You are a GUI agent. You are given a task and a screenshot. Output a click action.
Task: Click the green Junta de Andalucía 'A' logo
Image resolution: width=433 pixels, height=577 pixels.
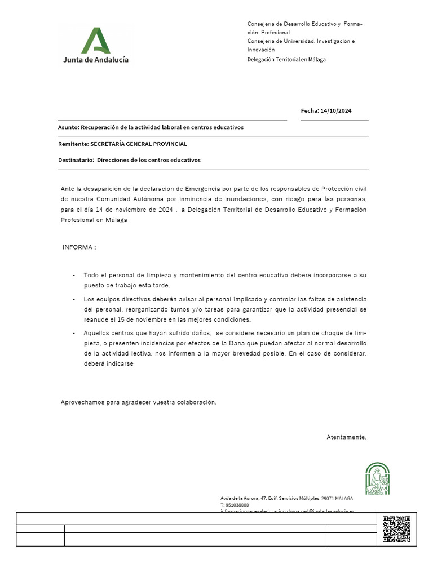95,40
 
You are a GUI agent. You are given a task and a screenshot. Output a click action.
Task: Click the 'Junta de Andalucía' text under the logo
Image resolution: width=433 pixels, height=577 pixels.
95,59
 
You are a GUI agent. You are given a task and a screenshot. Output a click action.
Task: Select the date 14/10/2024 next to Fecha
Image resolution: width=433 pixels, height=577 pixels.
336,111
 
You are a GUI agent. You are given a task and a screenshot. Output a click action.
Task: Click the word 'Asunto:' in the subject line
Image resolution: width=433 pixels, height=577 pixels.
69,127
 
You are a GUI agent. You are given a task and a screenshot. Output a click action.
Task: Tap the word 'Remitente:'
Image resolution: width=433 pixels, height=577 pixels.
73,144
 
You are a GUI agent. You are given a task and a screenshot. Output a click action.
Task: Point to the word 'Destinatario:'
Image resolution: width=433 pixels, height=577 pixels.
76,160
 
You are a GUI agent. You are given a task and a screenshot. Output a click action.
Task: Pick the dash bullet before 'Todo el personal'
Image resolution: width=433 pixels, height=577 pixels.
74,276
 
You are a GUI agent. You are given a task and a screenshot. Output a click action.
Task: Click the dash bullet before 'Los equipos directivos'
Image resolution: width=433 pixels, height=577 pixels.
74,299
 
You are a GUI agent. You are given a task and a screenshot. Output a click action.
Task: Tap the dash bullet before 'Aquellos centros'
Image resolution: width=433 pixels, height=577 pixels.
74,333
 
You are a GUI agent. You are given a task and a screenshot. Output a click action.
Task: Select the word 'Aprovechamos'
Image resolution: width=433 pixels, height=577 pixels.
83,402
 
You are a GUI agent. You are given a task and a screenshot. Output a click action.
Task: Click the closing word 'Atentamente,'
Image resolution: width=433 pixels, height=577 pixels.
347,437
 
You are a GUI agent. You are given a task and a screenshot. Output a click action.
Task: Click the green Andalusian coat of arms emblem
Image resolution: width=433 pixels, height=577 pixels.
377,478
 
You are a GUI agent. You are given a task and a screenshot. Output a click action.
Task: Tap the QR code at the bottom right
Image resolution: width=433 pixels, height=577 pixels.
396,529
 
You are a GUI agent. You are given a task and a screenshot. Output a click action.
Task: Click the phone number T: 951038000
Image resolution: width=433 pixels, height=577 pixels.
235,505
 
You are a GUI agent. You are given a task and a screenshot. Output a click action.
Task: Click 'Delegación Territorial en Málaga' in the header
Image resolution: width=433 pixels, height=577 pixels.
286,60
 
